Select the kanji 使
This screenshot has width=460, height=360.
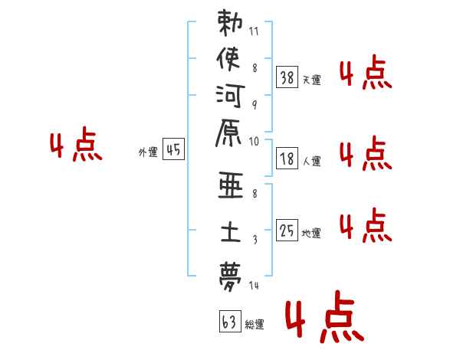230,59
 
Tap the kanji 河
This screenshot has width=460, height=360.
230,96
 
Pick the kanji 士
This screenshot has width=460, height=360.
230,230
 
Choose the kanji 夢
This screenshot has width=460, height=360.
230,273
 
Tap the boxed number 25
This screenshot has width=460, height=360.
287,231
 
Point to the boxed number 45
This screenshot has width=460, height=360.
172,151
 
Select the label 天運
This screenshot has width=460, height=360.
311,80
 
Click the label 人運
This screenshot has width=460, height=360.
311,162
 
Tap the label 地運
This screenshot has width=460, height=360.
311,234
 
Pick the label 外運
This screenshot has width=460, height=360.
147,152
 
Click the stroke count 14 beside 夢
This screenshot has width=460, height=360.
255,286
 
